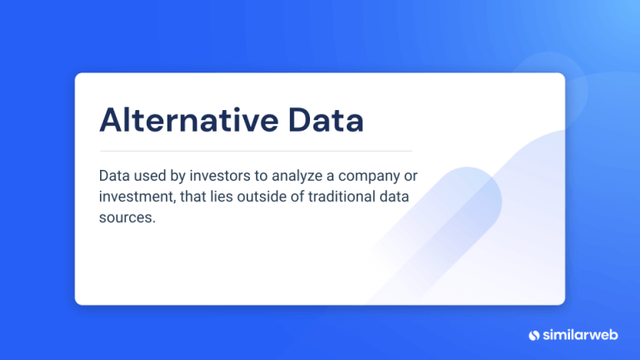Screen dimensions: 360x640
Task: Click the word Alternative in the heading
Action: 177,120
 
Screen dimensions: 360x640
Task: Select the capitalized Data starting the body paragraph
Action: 115,177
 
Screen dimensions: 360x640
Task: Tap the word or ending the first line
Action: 414,177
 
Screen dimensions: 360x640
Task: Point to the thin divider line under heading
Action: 255,151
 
